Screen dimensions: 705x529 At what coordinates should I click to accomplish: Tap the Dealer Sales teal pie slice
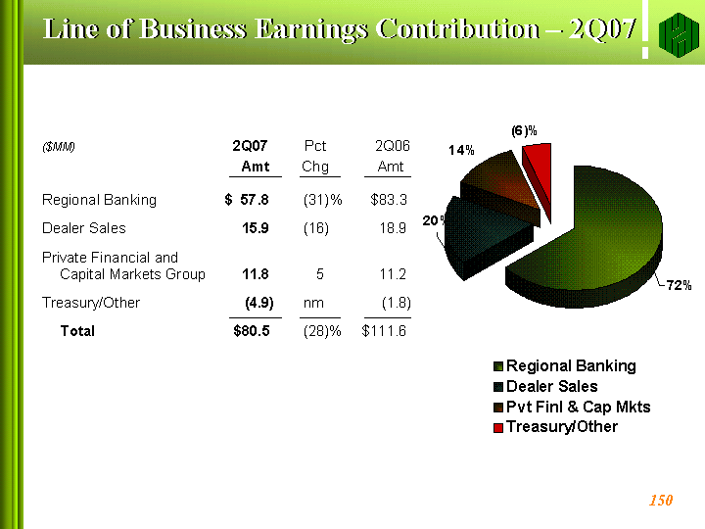[481, 234]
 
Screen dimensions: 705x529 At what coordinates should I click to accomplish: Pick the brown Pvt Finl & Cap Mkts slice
[499, 184]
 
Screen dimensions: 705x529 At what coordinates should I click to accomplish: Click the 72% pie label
[679, 285]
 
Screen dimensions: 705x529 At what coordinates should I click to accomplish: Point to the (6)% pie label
[524, 131]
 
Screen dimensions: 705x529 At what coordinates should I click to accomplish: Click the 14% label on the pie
[461, 150]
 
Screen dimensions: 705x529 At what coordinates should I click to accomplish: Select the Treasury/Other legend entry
[556, 427]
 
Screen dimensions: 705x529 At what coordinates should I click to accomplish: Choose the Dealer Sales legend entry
[545, 386]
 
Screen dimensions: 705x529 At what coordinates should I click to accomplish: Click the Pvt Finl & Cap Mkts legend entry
[572, 407]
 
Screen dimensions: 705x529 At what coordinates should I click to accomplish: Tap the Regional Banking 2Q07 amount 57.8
[255, 200]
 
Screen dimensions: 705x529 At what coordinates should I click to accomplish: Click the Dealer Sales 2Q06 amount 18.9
[393, 228]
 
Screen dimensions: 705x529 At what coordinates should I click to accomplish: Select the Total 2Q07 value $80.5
[252, 331]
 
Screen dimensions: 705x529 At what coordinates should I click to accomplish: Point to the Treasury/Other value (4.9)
[258, 303]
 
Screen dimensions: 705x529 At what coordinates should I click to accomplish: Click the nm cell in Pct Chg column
[313, 303]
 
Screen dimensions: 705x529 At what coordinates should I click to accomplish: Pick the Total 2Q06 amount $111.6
[384, 331]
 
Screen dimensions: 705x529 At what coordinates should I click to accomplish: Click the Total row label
[77, 331]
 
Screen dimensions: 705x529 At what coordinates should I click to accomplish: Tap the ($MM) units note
[59, 147]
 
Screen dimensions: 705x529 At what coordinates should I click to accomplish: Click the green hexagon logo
[679, 35]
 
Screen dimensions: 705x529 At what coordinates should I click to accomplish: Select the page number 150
[661, 501]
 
